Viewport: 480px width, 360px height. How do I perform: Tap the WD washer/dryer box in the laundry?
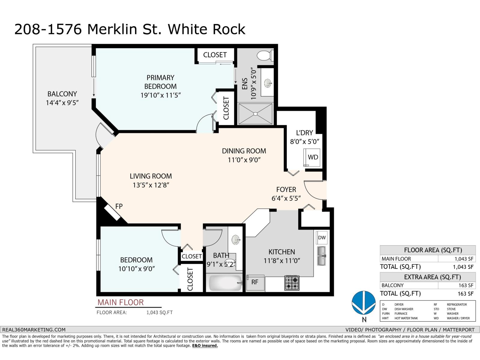(313, 157)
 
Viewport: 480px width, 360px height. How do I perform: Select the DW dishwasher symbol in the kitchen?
(322, 238)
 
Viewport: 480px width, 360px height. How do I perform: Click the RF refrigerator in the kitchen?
(255, 282)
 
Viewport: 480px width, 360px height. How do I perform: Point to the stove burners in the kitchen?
(292, 283)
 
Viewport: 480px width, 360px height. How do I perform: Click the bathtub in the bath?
(225, 283)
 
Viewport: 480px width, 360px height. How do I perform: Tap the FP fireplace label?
(119, 206)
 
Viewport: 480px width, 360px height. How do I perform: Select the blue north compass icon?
(364, 302)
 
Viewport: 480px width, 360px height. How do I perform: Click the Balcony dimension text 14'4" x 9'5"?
(62, 103)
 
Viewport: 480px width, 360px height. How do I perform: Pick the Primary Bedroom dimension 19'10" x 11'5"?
(160, 95)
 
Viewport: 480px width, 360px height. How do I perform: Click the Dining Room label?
(244, 151)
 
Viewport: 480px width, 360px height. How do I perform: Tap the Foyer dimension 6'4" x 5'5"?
(286, 198)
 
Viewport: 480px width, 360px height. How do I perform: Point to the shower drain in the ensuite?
(255, 114)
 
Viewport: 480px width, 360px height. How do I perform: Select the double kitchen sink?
(322, 256)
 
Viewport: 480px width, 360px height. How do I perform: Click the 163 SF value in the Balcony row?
(466, 285)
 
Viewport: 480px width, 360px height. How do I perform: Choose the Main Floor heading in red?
(121, 302)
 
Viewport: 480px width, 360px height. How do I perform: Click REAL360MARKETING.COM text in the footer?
(34, 330)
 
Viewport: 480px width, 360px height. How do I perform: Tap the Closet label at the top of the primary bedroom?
(215, 55)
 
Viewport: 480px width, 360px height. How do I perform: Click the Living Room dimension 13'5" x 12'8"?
(151, 185)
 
